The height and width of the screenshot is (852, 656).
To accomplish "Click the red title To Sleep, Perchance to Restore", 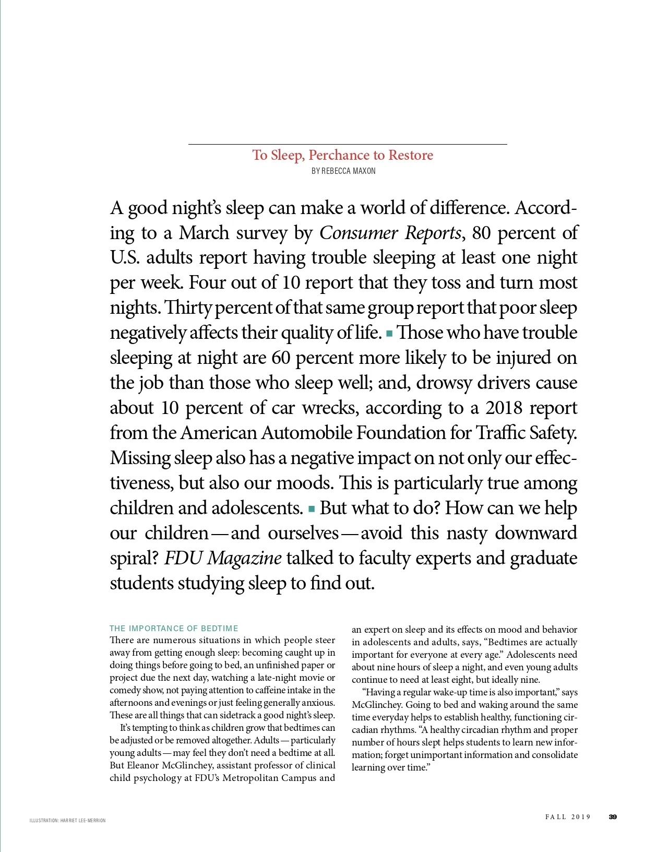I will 343,155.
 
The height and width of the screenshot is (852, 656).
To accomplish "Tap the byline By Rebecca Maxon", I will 343,171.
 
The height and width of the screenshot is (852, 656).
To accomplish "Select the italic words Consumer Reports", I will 390,233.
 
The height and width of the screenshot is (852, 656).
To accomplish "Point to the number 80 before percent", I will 481,233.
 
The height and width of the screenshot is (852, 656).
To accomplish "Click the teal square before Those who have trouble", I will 389,332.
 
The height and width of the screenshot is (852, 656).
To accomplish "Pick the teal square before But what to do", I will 312,508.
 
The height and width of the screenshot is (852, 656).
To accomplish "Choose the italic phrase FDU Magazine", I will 223,558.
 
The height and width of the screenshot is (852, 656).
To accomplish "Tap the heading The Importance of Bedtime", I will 174,629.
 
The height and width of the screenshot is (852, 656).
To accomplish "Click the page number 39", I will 613,817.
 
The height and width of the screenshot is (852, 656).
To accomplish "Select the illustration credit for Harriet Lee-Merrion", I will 68,821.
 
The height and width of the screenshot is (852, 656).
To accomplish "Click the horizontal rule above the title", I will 348,144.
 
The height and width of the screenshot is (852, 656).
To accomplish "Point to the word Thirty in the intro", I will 187,307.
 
